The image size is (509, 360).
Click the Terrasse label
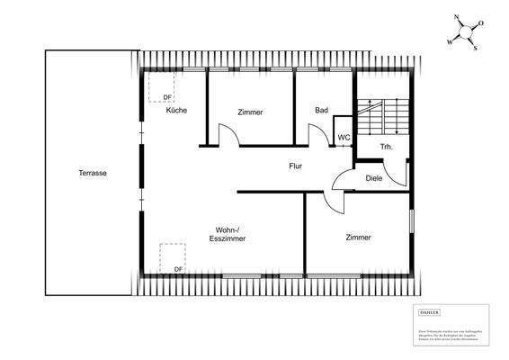[92, 173]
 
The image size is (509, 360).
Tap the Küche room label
[176, 110]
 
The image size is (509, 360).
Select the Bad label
[321, 111]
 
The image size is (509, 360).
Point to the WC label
[344, 138]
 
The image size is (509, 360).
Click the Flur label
[296, 166]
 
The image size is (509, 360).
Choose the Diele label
[374, 177]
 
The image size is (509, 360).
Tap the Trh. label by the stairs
[387, 146]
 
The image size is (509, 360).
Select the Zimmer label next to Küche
[251, 112]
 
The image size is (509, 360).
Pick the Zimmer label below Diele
[359, 237]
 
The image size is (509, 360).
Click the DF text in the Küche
[167, 97]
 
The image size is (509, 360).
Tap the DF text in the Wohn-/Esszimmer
[178, 268]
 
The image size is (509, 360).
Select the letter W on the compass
[450, 41]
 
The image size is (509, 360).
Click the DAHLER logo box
[431, 310]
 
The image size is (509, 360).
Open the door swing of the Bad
[318, 135]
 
